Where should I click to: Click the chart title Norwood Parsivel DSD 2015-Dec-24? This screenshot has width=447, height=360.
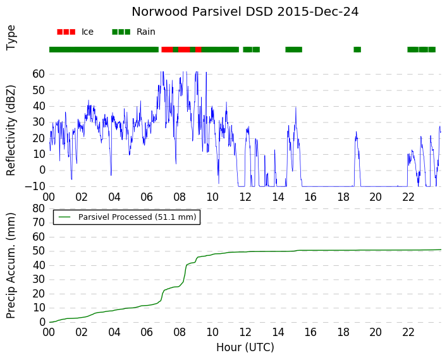pos(245,12)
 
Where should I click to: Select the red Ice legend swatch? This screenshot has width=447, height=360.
pos(66,32)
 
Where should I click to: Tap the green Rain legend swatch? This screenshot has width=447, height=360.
pos(121,32)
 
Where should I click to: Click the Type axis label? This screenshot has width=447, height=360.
pos(11,38)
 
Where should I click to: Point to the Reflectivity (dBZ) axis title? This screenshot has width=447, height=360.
pos(11,131)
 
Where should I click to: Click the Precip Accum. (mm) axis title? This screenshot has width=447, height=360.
pos(11,266)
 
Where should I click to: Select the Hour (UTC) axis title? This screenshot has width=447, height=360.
pos(245,347)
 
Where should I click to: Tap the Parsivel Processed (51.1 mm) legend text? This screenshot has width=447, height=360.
pos(137,217)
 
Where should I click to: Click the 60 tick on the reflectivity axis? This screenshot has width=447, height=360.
pos(39,74)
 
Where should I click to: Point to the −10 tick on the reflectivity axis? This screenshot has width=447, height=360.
pos(35,186)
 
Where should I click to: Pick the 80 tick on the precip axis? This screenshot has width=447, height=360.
pos(39,208)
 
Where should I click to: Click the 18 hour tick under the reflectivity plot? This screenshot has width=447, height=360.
pos(343,197)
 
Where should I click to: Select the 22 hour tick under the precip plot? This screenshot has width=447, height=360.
pos(408,332)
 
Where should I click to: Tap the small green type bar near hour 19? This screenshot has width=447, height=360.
pos(357,49)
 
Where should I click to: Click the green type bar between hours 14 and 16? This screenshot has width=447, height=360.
pos(293,49)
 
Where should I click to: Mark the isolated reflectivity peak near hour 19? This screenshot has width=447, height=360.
pos(356,132)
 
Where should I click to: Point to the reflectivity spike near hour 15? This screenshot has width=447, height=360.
pos(296,107)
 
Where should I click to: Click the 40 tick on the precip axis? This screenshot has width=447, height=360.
pos(39,265)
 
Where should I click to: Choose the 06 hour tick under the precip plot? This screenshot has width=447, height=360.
pos(147,332)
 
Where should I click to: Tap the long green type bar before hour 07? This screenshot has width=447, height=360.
pos(104,49)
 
